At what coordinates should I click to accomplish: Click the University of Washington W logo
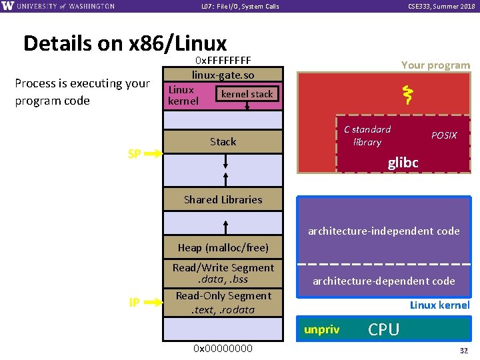click(8, 6)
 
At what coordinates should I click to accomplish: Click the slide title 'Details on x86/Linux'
click(125, 43)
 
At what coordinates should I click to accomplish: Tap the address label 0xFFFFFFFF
click(223, 62)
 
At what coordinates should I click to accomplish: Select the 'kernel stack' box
click(247, 94)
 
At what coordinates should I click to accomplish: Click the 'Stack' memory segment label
click(223, 141)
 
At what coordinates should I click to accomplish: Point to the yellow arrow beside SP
click(153, 154)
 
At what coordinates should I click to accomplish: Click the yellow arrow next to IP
click(153, 303)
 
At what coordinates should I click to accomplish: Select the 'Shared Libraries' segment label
click(223, 199)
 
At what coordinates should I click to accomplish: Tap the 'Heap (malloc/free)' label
click(223, 247)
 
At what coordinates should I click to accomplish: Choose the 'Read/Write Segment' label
click(223, 267)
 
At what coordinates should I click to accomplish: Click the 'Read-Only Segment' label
click(223, 295)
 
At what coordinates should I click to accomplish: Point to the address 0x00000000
click(223, 348)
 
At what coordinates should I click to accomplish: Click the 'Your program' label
click(435, 65)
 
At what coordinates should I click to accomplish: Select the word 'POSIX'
click(444, 135)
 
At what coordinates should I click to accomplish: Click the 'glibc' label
click(403, 163)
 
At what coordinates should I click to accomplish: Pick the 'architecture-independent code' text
click(383, 231)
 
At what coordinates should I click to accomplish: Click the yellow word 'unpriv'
click(321, 329)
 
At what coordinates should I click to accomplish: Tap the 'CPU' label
click(383, 329)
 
